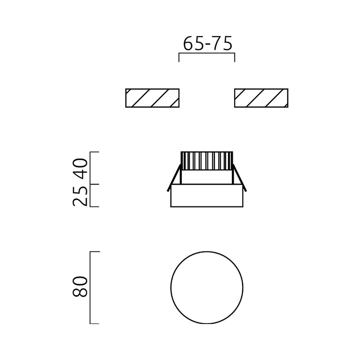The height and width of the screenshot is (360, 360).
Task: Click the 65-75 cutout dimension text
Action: [x=208, y=44]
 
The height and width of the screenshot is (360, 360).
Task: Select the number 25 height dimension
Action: [x=80, y=196]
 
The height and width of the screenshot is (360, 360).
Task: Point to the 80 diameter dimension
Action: [x=80, y=287]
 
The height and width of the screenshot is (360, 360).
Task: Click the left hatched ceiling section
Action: [x=152, y=98]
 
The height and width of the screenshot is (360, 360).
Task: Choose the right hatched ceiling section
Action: [x=261, y=98]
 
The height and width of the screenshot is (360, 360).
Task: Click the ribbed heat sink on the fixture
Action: [x=207, y=161]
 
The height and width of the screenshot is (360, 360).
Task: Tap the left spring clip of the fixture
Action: [x=174, y=177]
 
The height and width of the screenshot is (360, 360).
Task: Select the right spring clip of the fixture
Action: [x=240, y=177]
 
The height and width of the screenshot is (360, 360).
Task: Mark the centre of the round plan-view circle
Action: [x=207, y=287]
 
